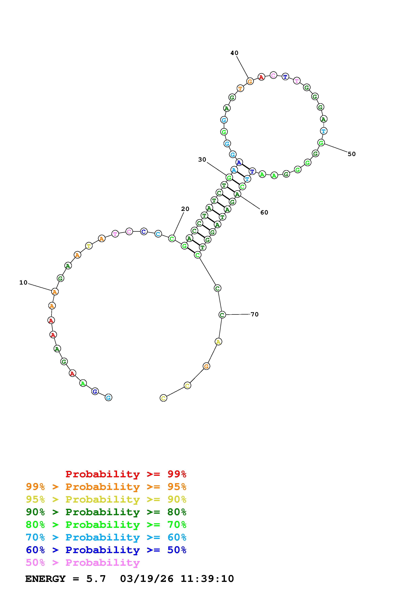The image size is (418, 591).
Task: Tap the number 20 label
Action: pyautogui.click(x=185, y=209)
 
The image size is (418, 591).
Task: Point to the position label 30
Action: pyautogui.click(x=202, y=160)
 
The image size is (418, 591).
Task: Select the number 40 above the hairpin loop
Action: pyautogui.click(x=234, y=53)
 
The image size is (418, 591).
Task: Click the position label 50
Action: pyautogui.click(x=352, y=154)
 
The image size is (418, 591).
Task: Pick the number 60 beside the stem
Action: pyautogui.click(x=264, y=212)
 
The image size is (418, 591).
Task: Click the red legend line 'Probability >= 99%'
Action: pyautogui.click(x=126, y=474)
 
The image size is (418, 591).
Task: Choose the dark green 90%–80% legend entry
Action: pyautogui.click(x=106, y=512)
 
